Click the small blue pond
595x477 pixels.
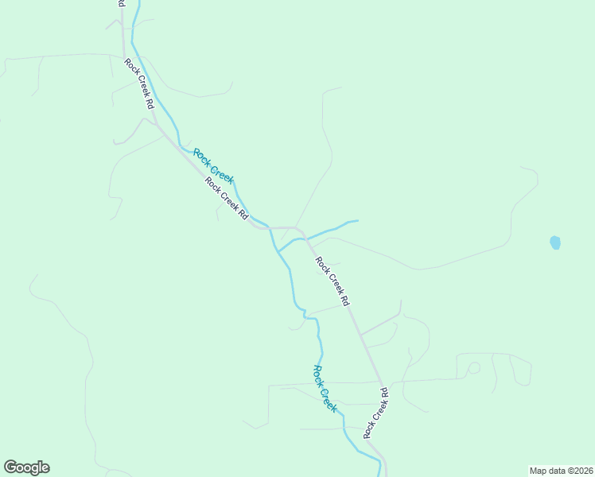coord(555,242)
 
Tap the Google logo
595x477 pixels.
coord(26,467)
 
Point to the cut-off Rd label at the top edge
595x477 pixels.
coord(121,4)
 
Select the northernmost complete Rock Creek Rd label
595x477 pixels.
coord(138,83)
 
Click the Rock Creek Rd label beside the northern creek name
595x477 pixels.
coord(227,198)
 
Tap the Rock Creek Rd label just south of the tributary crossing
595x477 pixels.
coord(332,281)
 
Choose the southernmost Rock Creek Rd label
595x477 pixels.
coord(375,413)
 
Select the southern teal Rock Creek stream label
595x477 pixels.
coord(325,388)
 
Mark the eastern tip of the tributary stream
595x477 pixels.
coord(357,221)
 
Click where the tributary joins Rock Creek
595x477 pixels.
coord(278,250)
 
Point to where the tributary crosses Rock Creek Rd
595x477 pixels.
coord(305,237)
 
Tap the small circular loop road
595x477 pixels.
coord(473,367)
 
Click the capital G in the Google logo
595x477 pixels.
coord(10,467)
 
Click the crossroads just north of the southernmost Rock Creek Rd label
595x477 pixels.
coord(381,382)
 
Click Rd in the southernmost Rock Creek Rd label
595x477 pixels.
coord(384,393)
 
